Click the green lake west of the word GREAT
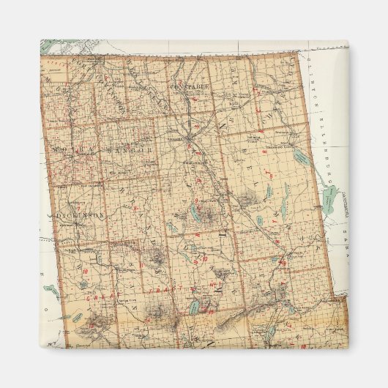click(x=51, y=291)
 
